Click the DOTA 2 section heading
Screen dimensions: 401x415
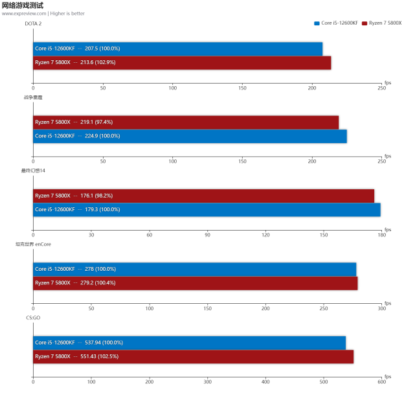click(33, 23)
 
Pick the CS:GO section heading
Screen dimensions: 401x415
click(33, 317)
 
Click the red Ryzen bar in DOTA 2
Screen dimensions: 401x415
click(181, 62)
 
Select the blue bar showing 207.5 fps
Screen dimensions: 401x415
click(177, 49)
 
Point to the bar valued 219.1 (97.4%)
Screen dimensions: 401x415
click(185, 122)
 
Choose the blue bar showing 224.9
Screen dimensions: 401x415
click(189, 136)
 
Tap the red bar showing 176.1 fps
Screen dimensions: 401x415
click(203, 195)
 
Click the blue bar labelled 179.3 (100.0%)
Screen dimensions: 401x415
click(206, 209)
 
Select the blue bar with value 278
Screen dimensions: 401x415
click(194, 269)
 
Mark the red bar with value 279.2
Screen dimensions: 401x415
click(195, 282)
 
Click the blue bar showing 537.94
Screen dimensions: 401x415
click(189, 342)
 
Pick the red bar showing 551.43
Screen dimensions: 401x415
click(193, 356)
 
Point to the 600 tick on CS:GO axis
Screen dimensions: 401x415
click(381, 382)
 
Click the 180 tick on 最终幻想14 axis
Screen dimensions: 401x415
click(381, 235)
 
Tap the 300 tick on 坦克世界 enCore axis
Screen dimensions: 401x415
click(381, 308)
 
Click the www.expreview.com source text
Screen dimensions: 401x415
click(23, 13)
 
